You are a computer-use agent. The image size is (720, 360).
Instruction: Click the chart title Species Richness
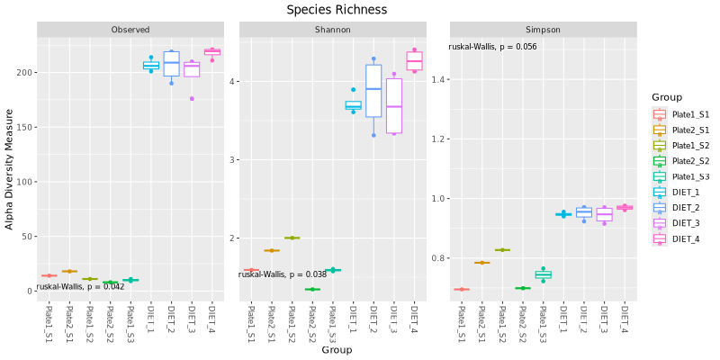click(337, 10)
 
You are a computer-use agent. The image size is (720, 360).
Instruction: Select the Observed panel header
click(130, 30)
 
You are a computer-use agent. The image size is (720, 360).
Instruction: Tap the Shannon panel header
click(333, 30)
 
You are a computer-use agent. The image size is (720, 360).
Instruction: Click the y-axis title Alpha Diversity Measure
click(10, 169)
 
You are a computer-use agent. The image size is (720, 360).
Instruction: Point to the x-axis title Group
click(337, 349)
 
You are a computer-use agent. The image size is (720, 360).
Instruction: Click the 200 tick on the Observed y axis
click(24, 72)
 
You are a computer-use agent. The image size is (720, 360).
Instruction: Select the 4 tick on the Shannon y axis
click(231, 81)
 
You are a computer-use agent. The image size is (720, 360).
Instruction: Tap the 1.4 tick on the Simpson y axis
click(436, 80)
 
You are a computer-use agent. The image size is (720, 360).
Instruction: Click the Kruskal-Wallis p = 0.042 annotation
click(80, 286)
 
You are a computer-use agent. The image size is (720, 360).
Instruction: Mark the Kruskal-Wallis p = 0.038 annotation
click(283, 274)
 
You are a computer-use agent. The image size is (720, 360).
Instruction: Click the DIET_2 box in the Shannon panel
click(373, 90)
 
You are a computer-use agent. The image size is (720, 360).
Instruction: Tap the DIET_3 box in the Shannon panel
click(394, 105)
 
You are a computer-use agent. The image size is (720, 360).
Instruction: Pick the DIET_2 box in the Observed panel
click(171, 63)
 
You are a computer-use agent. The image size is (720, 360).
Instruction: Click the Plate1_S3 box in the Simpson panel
click(544, 274)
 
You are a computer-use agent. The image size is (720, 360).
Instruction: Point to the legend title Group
click(667, 97)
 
